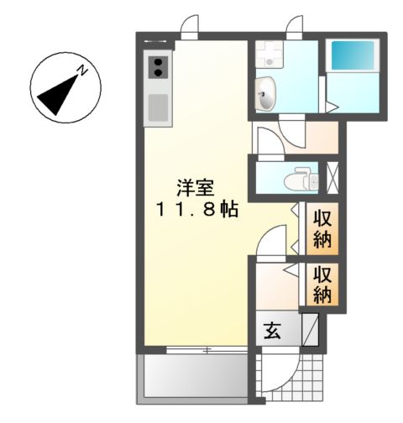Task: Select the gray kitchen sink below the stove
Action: point(157,107)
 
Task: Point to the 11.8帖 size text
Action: point(196,210)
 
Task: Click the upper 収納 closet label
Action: point(323,228)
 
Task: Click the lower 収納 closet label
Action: point(323,285)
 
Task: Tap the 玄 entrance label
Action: point(274,331)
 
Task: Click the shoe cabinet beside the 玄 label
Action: point(310,329)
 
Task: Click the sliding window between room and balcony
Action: point(192,347)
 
